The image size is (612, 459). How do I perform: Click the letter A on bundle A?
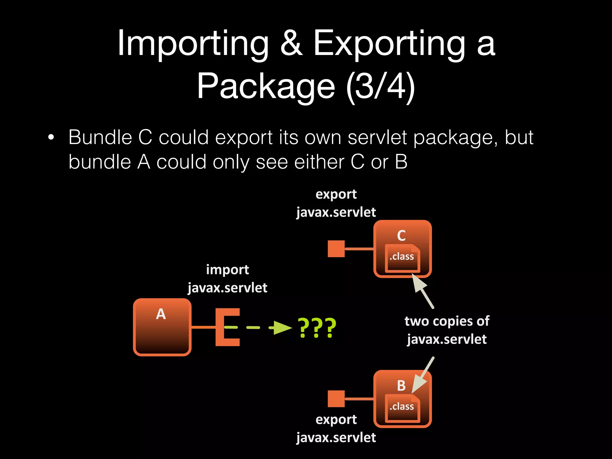[x=161, y=314]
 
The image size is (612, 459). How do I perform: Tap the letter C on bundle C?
[x=401, y=236]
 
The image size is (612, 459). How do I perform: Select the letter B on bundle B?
[x=401, y=386]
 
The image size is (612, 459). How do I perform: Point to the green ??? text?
[x=317, y=328]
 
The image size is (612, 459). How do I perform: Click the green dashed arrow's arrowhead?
[x=282, y=328]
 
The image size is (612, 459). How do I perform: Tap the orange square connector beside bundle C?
[x=336, y=249]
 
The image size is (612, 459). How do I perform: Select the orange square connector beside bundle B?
[x=336, y=399]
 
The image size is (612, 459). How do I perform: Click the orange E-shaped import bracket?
[x=227, y=327]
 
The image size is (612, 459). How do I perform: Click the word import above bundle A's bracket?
[x=227, y=270]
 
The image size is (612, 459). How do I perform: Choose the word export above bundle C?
[x=336, y=195]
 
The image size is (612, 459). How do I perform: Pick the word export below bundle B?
[x=336, y=420]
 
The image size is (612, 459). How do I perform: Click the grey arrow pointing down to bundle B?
[x=423, y=375]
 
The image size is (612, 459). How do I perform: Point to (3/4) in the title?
[x=380, y=87]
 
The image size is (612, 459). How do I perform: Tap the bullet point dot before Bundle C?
[x=51, y=138]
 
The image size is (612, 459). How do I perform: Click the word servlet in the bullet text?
[x=377, y=138]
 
